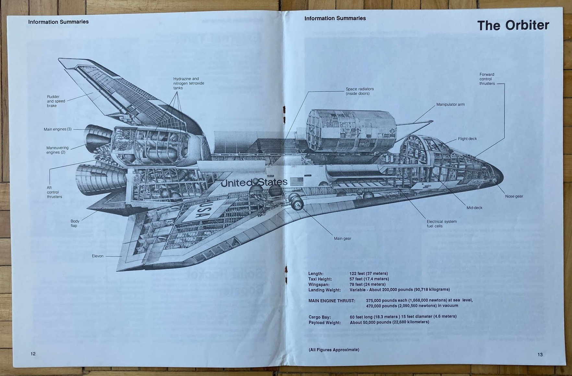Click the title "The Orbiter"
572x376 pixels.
point(513,25)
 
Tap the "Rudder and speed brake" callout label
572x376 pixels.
point(56,101)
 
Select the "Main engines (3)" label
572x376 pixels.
point(57,129)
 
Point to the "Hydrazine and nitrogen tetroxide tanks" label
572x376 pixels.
point(188,83)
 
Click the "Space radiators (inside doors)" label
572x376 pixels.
point(359,91)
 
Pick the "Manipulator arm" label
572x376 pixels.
point(450,104)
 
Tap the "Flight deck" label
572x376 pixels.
point(467,139)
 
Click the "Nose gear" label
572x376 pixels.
point(514,196)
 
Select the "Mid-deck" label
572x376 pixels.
point(474,208)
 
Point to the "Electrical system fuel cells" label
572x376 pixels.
point(441,224)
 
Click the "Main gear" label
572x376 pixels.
point(342,238)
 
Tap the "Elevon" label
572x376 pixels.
point(98,256)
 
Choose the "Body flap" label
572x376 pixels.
point(75,223)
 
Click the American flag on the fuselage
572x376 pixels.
point(296,181)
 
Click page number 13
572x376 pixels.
point(540,354)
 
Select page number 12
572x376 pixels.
point(33,354)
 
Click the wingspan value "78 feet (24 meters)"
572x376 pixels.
point(367,284)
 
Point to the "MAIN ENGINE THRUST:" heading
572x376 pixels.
point(332,301)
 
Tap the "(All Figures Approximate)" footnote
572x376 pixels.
point(334,350)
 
